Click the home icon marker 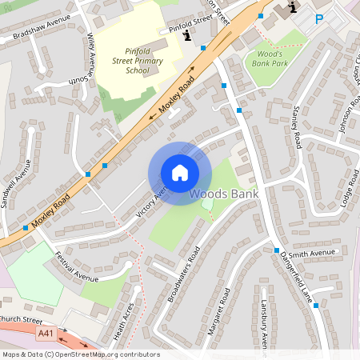(x=180, y=173)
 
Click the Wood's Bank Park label (x=268, y=58)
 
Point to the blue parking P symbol (x=320, y=19)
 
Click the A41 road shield (x=46, y=333)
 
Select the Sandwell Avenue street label (x=15, y=183)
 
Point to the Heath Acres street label (x=125, y=317)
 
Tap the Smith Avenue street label (x=311, y=254)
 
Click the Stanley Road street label (x=297, y=127)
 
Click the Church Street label (x=19, y=320)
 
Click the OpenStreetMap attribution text (x=80, y=354)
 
